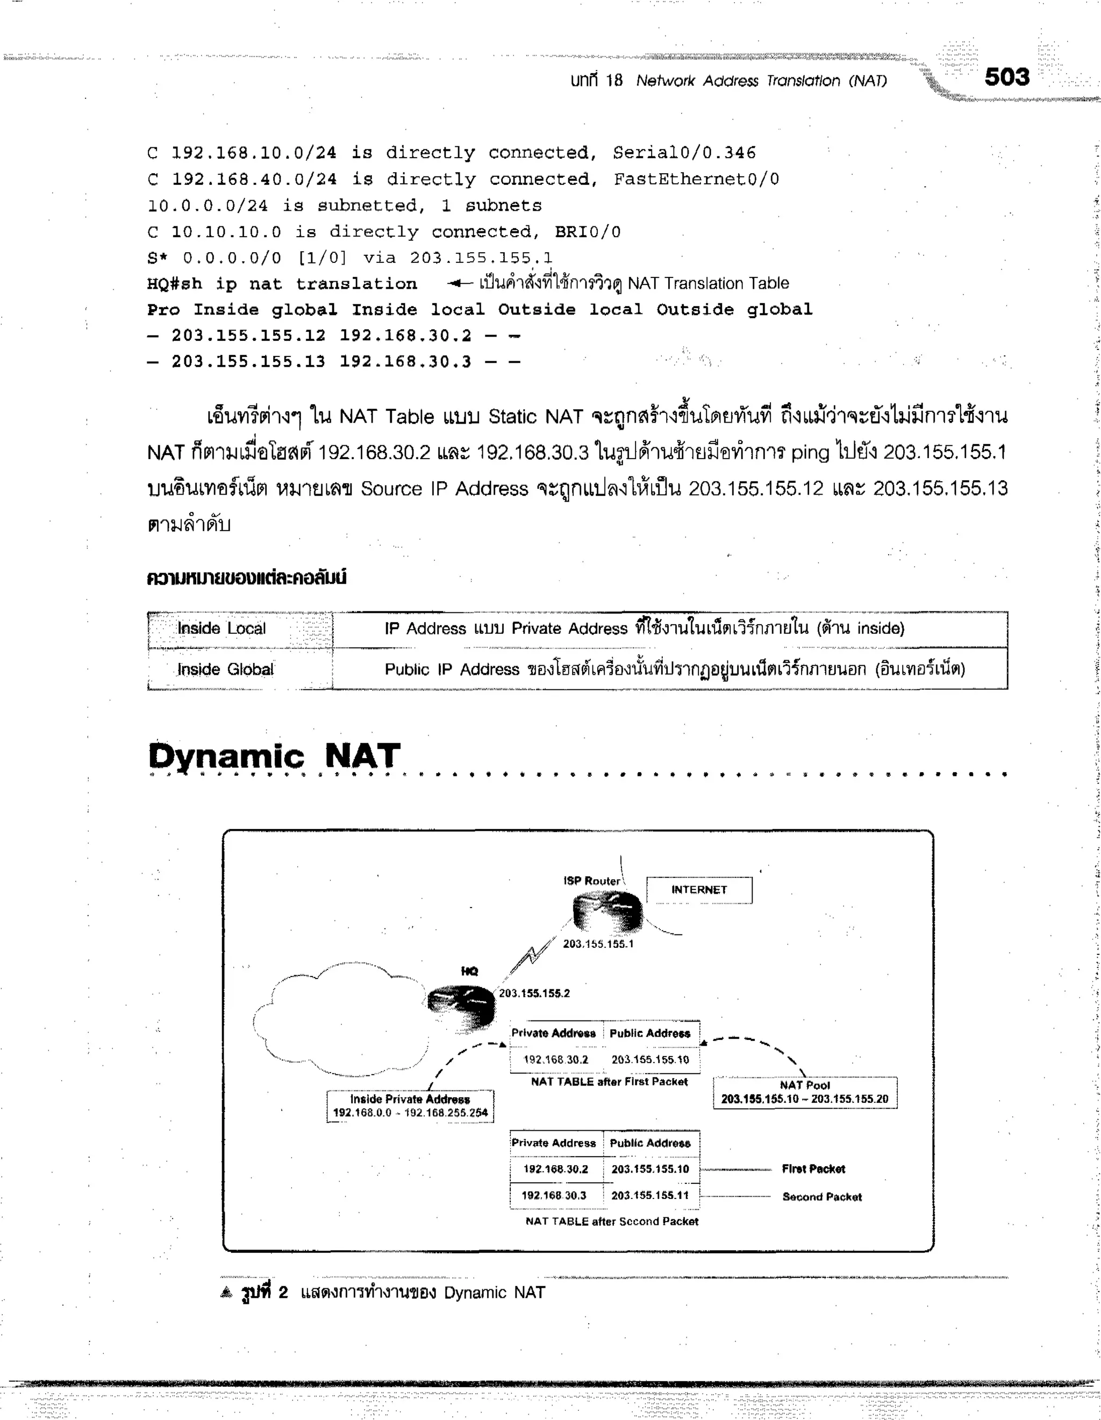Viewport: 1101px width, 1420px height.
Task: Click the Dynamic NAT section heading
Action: (274, 756)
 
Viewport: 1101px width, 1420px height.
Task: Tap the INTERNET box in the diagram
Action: (699, 889)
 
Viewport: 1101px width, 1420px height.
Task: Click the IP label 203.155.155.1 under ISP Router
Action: (597, 944)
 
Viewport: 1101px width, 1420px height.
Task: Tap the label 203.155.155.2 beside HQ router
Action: (534, 993)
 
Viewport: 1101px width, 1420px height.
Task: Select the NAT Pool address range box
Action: (805, 1093)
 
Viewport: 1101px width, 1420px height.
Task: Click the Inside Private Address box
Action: (410, 1105)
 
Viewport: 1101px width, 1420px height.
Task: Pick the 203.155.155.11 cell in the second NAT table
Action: (649, 1195)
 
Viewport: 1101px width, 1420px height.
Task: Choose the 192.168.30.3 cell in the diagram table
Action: (554, 1195)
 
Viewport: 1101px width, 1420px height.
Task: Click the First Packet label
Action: (813, 1168)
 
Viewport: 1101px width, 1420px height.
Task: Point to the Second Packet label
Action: (821, 1196)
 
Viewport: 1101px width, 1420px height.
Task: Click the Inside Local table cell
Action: (221, 628)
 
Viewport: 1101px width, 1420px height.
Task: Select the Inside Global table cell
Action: (225, 669)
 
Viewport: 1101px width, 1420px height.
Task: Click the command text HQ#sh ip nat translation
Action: (282, 283)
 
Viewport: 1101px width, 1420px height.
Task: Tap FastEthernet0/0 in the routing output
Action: (696, 179)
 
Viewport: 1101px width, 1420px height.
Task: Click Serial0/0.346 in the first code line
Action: (684, 153)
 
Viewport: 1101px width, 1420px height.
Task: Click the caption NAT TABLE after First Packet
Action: (609, 1081)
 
